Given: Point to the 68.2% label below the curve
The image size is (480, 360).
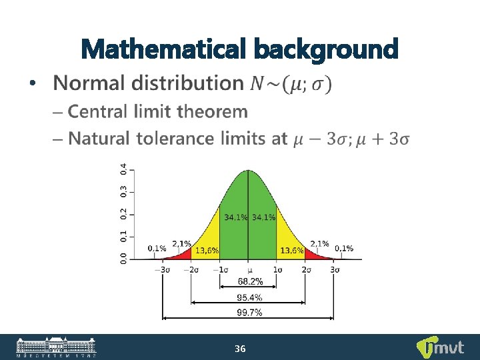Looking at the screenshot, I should coord(249,282).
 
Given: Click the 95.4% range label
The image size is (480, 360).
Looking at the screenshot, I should coord(249,297).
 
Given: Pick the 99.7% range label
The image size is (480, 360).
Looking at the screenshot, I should coord(249,313).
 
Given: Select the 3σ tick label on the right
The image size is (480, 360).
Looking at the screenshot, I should coord(335,269).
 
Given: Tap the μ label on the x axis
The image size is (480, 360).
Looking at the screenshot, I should coord(249,270).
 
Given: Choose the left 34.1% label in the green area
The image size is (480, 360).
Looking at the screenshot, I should coord(235,217).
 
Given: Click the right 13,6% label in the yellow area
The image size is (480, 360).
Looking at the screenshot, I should coord(292,251).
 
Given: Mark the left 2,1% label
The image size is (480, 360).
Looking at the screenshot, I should coord(182,243).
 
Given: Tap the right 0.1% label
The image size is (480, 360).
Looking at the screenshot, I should coord(344,248).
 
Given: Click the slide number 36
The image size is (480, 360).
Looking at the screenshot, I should coord(241,349).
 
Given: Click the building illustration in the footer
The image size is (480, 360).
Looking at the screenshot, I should coord(56,346).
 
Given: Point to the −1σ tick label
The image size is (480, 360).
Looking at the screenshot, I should coord(220,269).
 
